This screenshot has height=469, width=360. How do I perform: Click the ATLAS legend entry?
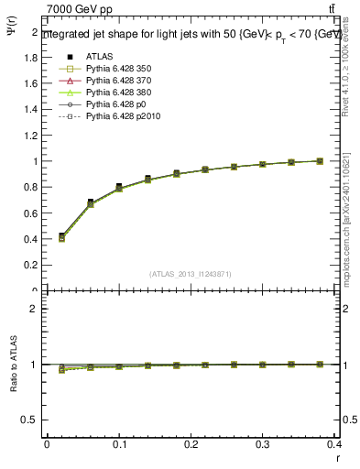click(x=101, y=56)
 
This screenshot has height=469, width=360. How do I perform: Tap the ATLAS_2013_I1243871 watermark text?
click(x=191, y=274)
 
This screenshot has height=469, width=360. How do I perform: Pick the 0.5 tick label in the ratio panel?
click(x=31, y=420)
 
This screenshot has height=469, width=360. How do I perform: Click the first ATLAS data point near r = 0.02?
click(x=61, y=235)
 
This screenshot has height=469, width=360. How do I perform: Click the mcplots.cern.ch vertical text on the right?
click(x=352, y=220)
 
